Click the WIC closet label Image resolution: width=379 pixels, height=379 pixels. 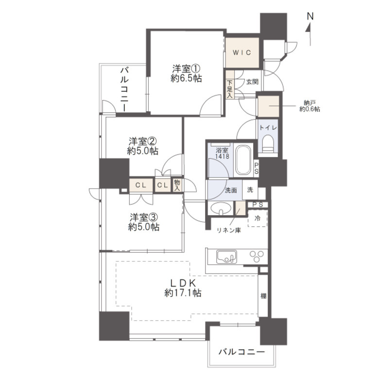242,52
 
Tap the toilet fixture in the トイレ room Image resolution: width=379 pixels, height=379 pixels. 267,143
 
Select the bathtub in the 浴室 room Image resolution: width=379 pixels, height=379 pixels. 243,160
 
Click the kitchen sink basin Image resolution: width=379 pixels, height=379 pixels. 226,257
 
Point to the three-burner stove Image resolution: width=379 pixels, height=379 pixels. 257,257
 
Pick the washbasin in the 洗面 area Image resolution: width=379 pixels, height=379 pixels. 220,208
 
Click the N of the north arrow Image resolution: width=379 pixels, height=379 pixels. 310,17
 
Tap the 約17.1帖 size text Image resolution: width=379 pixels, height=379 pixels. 183,293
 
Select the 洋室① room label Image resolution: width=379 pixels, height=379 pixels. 186,69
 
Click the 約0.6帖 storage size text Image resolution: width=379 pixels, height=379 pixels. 310,109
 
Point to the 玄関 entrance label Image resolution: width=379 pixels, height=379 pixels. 252,82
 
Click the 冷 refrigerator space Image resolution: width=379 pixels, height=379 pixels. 258,218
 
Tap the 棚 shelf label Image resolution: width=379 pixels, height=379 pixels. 263,295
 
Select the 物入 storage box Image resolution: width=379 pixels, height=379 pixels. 177,186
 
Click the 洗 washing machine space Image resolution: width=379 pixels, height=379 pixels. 250,190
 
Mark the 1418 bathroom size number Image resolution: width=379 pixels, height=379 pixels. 222,156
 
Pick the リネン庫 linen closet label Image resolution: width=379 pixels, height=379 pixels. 229,230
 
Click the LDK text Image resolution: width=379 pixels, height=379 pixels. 183,283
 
